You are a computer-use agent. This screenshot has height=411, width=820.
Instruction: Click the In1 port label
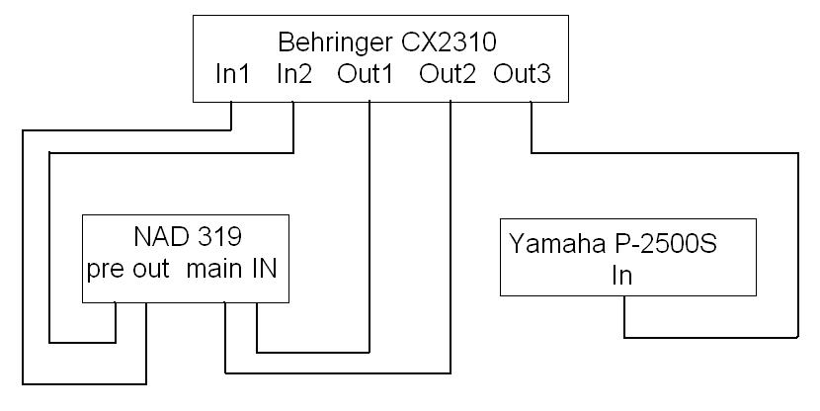pyautogui.click(x=233, y=74)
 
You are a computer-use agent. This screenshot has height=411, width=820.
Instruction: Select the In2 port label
pyautogui.click(x=294, y=74)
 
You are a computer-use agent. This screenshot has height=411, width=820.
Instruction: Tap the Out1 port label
pyautogui.click(x=367, y=74)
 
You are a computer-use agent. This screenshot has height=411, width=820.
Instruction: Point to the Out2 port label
pyautogui.click(x=449, y=74)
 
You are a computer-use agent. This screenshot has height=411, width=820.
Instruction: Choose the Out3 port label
pyautogui.click(x=523, y=74)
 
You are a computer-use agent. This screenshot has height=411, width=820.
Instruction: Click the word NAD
pyautogui.click(x=159, y=237)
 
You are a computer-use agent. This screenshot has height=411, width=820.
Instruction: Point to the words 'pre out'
pyautogui.click(x=127, y=270)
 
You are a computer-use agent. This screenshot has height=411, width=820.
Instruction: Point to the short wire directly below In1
pyautogui.click(x=230, y=115)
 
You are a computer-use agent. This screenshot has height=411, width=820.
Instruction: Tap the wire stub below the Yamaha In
pyautogui.click(x=624, y=316)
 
